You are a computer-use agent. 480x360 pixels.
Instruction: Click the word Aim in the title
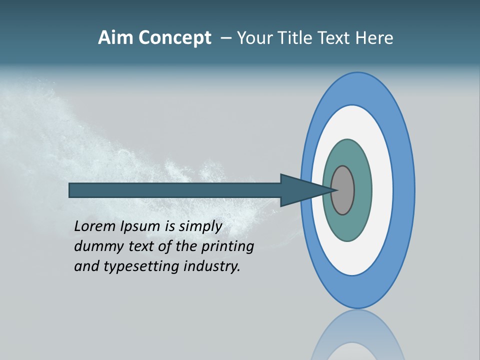[115, 37]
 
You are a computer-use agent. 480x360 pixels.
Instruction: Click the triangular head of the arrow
[300, 190]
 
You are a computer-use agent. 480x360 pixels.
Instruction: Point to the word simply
[200, 226]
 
